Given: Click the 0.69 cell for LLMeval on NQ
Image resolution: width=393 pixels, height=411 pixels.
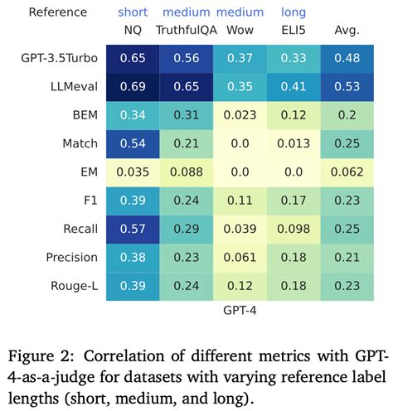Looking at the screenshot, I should click(x=133, y=87).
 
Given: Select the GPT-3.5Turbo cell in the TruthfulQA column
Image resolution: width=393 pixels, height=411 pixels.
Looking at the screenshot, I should click(x=187, y=59).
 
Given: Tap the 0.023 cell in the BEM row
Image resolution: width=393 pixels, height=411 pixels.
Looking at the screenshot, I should click(x=240, y=115).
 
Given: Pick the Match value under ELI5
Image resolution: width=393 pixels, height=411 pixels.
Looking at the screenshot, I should click(x=293, y=143).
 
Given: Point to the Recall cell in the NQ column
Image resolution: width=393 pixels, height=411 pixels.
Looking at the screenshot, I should click(x=133, y=228).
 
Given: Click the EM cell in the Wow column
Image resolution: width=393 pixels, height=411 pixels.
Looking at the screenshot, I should click(x=240, y=172).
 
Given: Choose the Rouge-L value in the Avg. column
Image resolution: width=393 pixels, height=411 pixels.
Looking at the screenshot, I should click(x=346, y=284).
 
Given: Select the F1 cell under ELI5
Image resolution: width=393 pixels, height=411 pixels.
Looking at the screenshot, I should click(x=293, y=200).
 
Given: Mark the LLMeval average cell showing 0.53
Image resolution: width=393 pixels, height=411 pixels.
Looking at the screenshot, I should click(x=346, y=87).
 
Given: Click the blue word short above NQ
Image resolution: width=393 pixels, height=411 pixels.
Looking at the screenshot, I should click(x=133, y=12).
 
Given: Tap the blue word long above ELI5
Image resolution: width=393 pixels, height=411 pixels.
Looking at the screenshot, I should click(x=293, y=12).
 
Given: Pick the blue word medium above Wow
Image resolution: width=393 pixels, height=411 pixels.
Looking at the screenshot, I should click(x=240, y=12).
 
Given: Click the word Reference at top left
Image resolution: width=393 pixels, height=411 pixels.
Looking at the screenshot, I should click(x=57, y=12).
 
